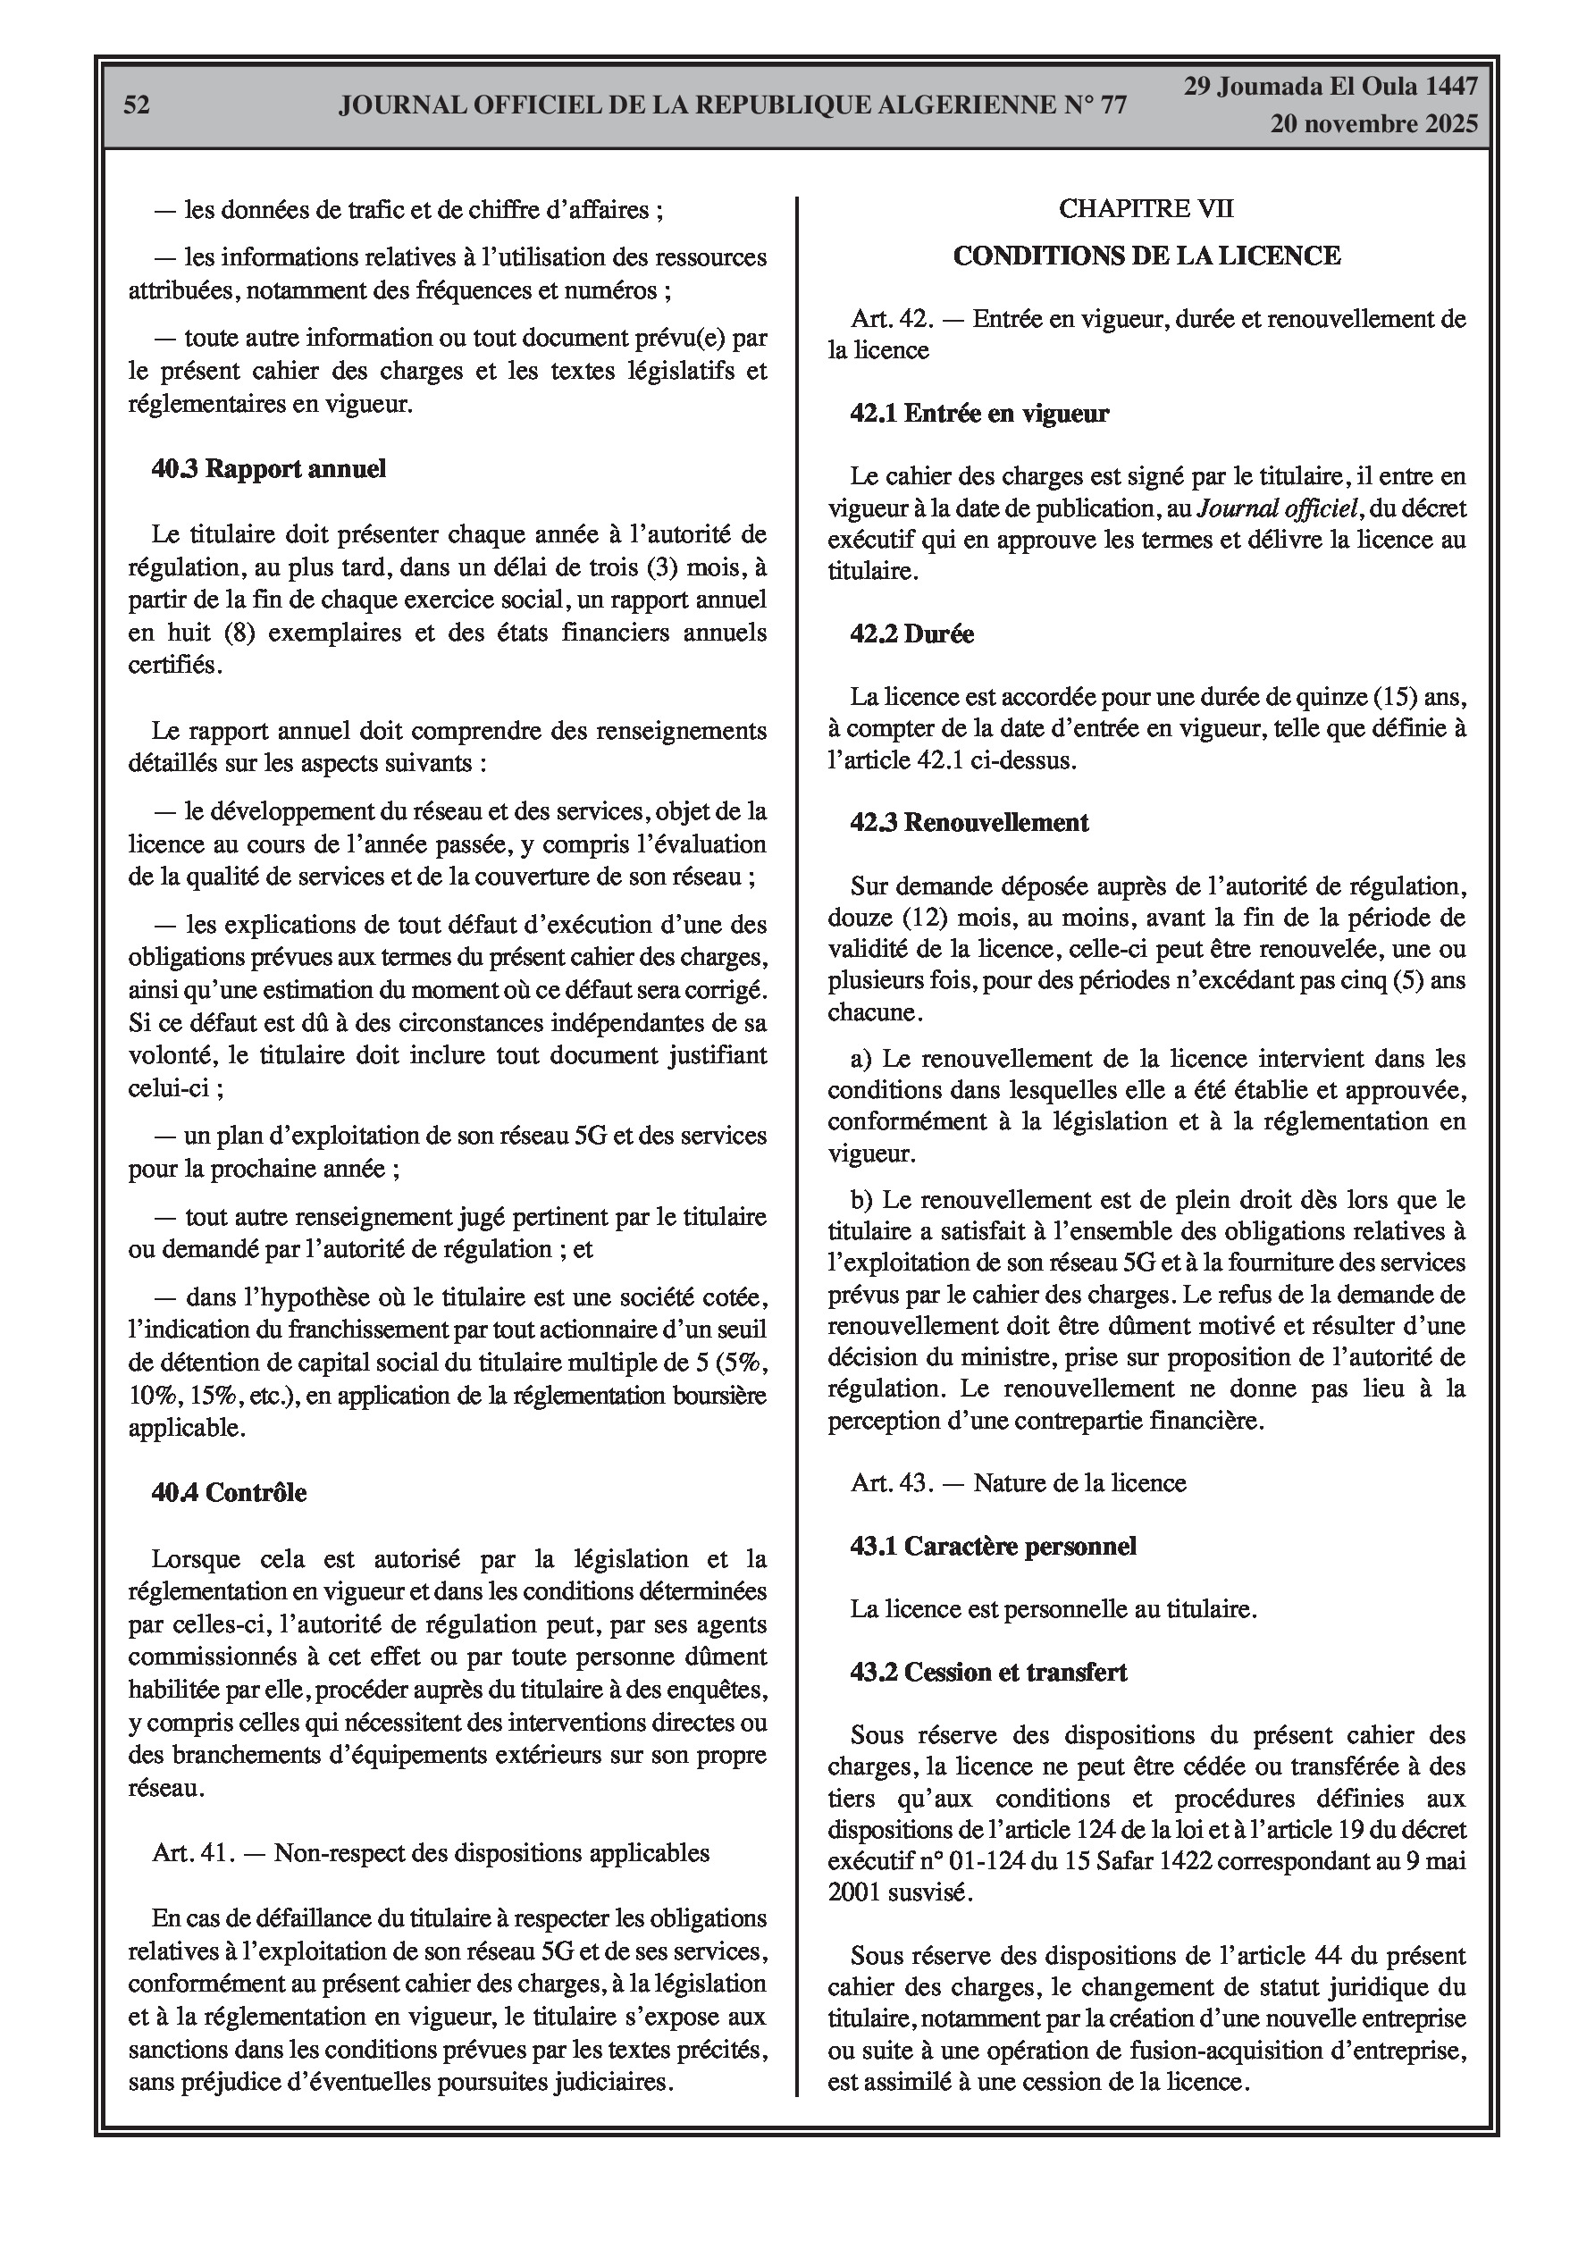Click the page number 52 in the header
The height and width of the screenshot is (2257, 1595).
137,105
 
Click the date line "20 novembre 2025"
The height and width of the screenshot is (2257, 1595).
1373,124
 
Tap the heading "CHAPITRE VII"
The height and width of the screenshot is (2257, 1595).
1146,208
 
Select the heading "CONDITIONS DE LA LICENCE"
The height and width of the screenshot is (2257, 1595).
1146,256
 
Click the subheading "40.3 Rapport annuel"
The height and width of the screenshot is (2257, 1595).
268,469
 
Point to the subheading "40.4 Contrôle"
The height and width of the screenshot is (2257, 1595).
229,1492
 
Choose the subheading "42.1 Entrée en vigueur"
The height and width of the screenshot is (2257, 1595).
979,414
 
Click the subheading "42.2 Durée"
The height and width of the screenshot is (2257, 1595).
911,634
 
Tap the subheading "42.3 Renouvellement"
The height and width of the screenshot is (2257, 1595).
969,823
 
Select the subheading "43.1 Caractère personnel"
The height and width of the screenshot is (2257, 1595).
993,1547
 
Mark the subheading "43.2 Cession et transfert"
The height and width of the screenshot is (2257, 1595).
988,1672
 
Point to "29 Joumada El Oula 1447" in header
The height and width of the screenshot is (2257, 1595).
1330,87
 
